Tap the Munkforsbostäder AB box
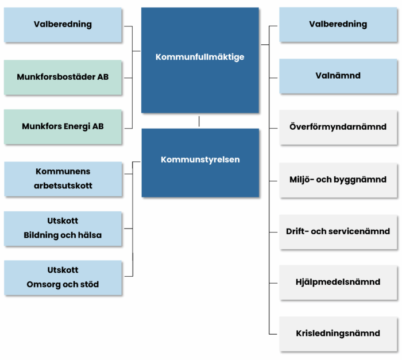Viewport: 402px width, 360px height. (x=63, y=77)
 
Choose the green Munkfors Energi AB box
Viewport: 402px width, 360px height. (x=63, y=126)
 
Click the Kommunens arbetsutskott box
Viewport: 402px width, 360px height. (x=63, y=179)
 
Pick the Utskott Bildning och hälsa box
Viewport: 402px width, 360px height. (x=63, y=228)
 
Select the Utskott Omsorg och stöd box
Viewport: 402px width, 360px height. (x=63, y=277)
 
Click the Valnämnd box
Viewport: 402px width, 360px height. (x=338, y=75)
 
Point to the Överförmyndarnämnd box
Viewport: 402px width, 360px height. (x=338, y=127)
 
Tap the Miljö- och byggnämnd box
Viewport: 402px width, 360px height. (x=338, y=180)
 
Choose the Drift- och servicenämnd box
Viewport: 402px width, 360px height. (x=338, y=231)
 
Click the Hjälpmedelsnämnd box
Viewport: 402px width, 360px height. (x=338, y=282)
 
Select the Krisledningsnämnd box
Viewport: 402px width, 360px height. (x=338, y=334)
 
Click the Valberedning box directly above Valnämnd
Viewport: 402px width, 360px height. (x=338, y=25)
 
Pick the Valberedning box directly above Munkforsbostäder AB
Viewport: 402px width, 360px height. (x=63, y=25)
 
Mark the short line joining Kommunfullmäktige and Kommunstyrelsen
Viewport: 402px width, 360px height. (x=199, y=121)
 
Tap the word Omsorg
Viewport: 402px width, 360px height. (x=43, y=285)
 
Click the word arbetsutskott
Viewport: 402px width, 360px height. (x=63, y=186)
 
